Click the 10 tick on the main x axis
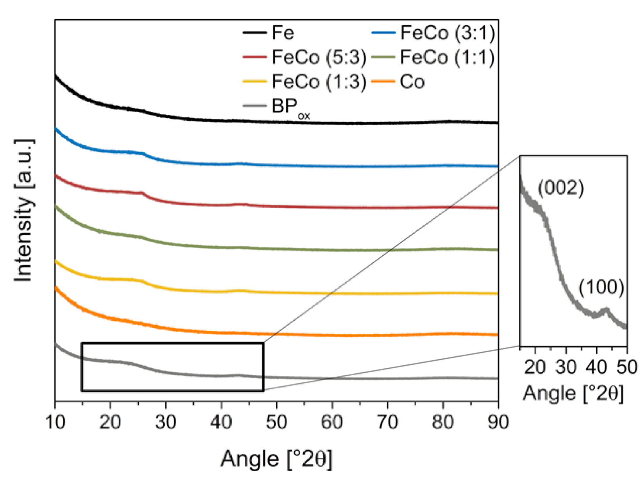(x=55, y=422)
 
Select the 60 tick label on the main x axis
(x=332, y=422)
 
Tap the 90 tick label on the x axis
(x=498, y=422)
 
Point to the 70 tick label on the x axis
(x=387, y=422)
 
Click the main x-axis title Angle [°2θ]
(x=276, y=459)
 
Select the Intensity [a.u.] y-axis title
(x=24, y=210)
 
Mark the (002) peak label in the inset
(x=561, y=188)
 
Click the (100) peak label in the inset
(x=601, y=287)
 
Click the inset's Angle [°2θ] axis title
(x=573, y=393)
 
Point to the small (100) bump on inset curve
(x=605, y=310)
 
